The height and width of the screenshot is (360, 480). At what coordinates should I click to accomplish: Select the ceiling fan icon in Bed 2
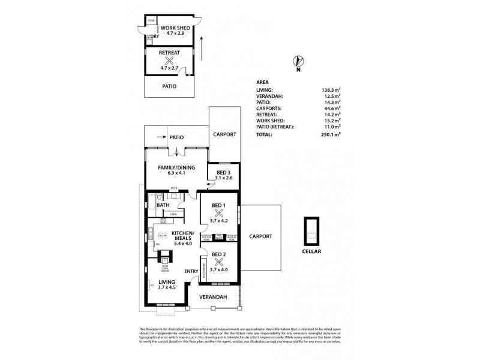(218, 262)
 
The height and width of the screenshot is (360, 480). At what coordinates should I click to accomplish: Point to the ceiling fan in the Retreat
(170, 61)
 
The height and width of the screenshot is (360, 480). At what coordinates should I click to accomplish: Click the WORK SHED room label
(175, 28)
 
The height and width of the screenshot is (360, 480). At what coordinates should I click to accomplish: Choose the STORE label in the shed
(151, 21)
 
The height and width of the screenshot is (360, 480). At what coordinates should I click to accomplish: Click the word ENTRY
(191, 271)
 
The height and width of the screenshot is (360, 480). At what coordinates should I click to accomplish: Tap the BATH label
(163, 206)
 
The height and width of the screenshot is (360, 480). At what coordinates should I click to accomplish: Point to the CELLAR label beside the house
(312, 251)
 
